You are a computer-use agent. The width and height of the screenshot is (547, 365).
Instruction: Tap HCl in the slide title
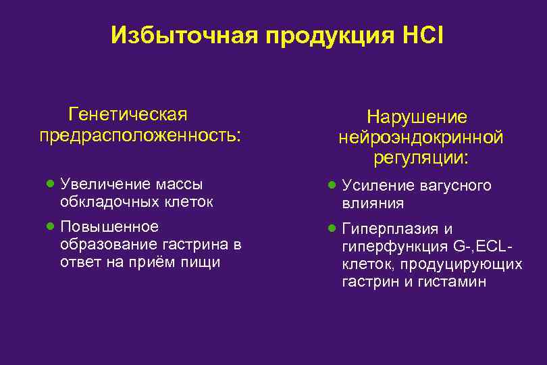(x=422, y=35)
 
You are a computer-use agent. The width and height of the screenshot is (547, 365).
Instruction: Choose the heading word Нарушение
(x=421, y=116)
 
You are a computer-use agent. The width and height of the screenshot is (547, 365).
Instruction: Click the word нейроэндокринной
(x=421, y=137)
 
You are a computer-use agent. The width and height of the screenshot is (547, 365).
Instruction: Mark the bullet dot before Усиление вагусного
(x=332, y=185)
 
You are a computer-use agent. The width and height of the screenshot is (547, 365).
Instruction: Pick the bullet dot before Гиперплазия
(x=332, y=228)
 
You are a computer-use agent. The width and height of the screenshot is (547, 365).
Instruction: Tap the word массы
(x=179, y=184)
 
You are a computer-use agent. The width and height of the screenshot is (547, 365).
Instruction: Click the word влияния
(x=373, y=203)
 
